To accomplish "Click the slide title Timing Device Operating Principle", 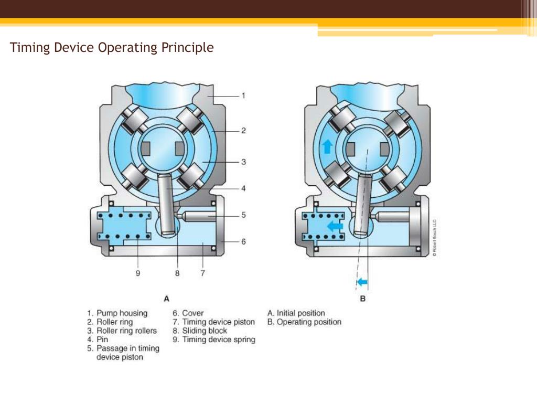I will pyautogui.click(x=112, y=48).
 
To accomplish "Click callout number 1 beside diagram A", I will pyautogui.click(x=243, y=96).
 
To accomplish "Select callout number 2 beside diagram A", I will pyautogui.click(x=243, y=131).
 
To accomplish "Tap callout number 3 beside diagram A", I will pyautogui.click(x=243, y=162).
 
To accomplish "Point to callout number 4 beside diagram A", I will pyautogui.click(x=243, y=188).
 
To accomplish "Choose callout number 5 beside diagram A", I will pyautogui.click(x=243, y=215).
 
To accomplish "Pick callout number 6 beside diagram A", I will pyautogui.click(x=243, y=241).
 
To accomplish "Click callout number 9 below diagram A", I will pyautogui.click(x=138, y=273).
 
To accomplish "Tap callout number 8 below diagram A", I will pyautogui.click(x=177, y=273).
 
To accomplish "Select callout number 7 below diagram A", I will pyautogui.click(x=202, y=273).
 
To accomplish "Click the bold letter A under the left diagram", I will pyautogui.click(x=166, y=299).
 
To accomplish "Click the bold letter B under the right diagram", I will pyautogui.click(x=362, y=299).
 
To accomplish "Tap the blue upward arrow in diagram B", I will pyautogui.click(x=327, y=147).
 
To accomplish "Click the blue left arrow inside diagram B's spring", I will pyautogui.click(x=334, y=226).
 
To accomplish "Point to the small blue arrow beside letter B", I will pyautogui.click(x=362, y=283).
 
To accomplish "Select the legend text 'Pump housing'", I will pyautogui.click(x=122, y=313).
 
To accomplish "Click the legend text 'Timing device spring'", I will pyautogui.click(x=219, y=340).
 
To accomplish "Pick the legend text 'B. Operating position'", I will pyautogui.click(x=304, y=322).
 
